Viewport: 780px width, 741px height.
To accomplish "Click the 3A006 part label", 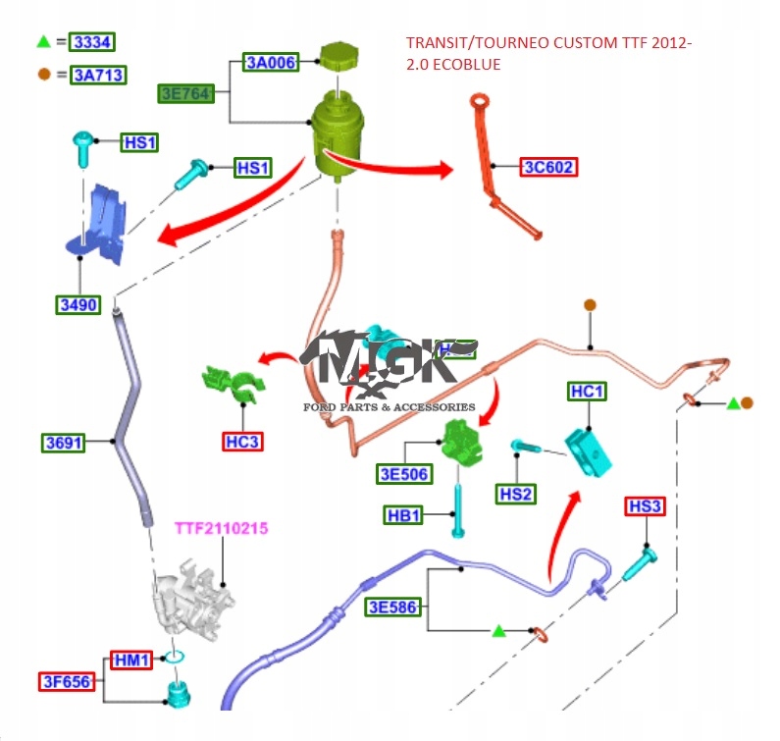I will [x=270, y=63].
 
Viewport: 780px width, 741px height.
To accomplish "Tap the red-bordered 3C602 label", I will [x=548, y=167].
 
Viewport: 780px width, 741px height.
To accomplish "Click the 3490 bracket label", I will [x=78, y=304].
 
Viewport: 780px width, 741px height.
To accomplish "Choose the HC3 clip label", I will [x=241, y=442].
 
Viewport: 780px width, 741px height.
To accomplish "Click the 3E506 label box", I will [x=404, y=475].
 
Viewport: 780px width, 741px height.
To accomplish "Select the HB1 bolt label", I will [x=404, y=515].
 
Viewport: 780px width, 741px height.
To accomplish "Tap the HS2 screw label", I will [x=515, y=494].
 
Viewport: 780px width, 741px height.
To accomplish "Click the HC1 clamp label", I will [x=587, y=392].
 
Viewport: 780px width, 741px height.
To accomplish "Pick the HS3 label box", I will [x=645, y=506].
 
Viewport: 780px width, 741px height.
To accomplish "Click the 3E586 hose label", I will [x=393, y=608].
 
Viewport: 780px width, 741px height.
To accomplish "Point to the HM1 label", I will [x=130, y=661].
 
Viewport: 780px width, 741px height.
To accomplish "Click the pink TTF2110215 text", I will [x=221, y=528].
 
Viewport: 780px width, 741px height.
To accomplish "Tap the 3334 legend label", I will [x=92, y=42].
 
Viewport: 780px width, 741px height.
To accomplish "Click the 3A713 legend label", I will [x=98, y=75].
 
